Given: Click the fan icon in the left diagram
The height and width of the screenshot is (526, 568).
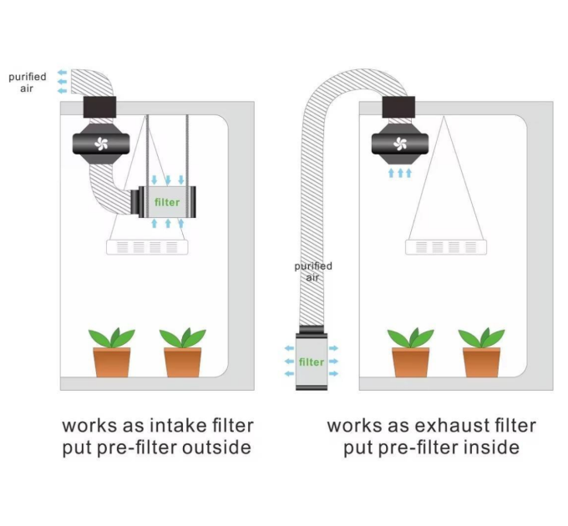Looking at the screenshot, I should [102, 143].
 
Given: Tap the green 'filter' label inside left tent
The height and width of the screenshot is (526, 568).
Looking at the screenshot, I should [167, 202].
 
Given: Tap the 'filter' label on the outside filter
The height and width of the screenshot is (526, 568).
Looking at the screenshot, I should [311, 362].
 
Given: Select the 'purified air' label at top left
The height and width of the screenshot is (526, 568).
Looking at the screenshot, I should [28, 83].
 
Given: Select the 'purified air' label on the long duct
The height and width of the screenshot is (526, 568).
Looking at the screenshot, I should [312, 271].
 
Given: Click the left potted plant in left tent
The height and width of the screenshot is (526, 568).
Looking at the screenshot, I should [111, 352].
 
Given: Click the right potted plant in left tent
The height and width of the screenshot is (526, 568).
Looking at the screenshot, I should [182, 352].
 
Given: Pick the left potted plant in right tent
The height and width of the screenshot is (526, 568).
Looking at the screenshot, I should [410, 352].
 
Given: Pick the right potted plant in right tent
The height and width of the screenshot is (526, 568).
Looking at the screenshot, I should [481, 352].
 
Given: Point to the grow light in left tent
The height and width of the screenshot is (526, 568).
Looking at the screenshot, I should [147, 247].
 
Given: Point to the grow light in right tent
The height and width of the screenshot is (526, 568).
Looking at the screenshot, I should [445, 247].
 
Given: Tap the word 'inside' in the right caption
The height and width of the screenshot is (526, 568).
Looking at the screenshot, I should [489, 448].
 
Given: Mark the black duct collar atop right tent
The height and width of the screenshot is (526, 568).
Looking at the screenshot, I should [399, 106].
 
